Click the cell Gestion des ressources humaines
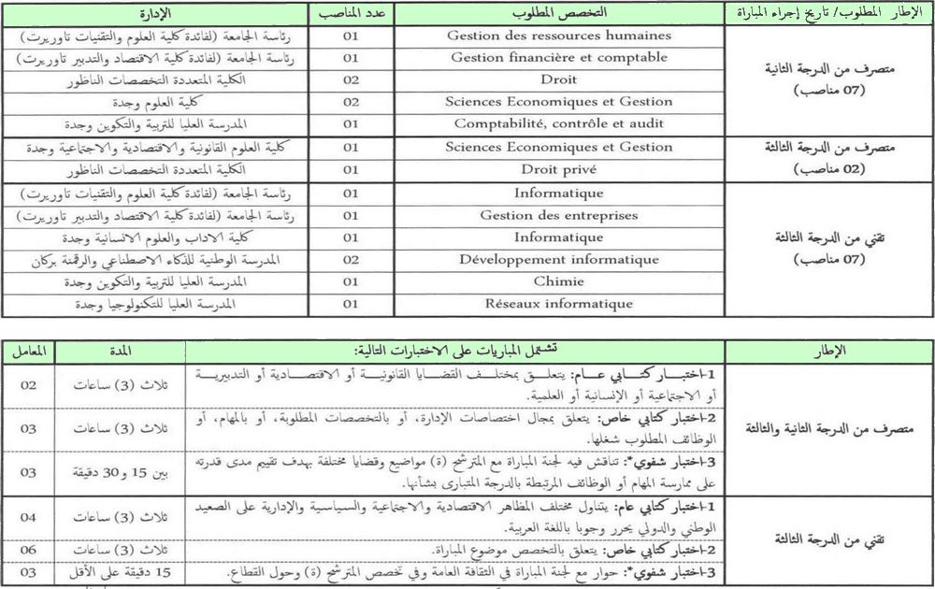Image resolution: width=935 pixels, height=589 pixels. click(559, 36)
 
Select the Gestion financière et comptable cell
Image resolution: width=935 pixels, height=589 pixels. click(559, 58)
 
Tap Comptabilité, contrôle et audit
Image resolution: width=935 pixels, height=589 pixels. click(559, 123)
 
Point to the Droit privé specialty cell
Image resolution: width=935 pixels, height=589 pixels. click(559, 169)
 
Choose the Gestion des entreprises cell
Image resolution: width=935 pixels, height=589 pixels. click(559, 215)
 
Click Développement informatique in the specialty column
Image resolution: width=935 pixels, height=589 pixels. click(559, 259)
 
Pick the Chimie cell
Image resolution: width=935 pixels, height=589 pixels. click(559, 281)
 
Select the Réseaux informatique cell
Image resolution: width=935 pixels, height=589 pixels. click(559, 304)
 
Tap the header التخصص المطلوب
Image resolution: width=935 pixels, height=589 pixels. click(559, 13)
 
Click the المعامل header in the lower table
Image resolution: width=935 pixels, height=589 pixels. click(29, 351)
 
